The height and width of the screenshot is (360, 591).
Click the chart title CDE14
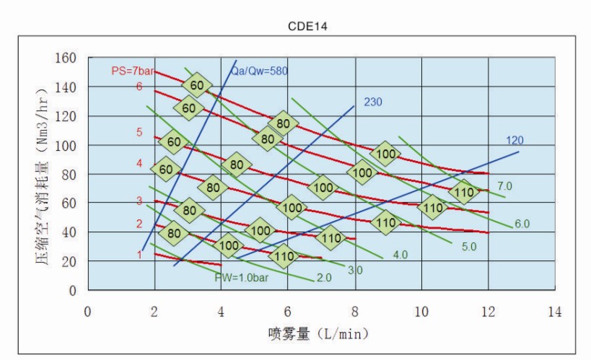308,27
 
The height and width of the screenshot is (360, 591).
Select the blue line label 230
372,102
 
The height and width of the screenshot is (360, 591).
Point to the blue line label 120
515,140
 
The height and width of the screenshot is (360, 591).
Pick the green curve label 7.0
504,186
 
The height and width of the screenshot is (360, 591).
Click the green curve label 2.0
323,278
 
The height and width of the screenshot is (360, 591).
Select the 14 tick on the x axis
554,312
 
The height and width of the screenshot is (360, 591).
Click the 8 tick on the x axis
354,312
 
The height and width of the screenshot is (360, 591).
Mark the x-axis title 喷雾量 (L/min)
318,333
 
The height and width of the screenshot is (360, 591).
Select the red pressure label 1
139,254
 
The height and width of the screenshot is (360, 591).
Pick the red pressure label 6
139,87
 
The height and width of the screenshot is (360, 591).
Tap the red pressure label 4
139,164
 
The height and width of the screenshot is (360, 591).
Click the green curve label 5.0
469,246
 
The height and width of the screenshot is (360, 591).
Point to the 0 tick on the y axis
74,291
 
